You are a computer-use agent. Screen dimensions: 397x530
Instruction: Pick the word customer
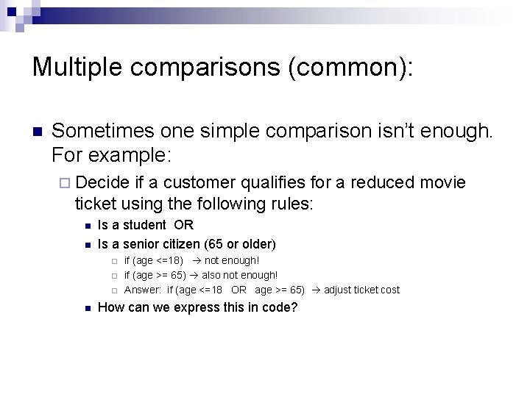199,182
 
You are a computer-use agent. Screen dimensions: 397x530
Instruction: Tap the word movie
444,182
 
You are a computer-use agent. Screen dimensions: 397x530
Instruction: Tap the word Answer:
143,290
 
